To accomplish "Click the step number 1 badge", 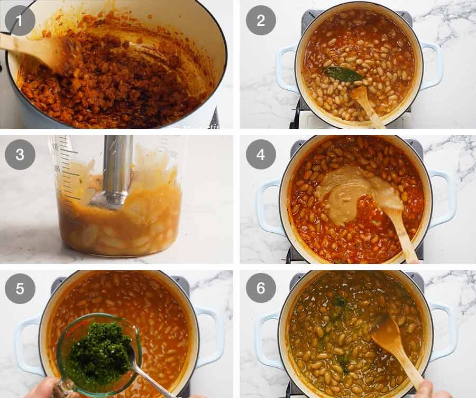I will click(x=20, y=21).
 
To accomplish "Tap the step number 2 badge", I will click(x=261, y=21).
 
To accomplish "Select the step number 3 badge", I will click(x=20, y=155).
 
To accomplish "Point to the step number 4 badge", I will click(x=261, y=155).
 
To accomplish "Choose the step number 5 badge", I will click(x=20, y=289).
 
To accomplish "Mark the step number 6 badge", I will click(x=261, y=289).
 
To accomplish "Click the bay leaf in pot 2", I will click(x=343, y=74).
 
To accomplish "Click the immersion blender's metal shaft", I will click(x=117, y=164).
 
